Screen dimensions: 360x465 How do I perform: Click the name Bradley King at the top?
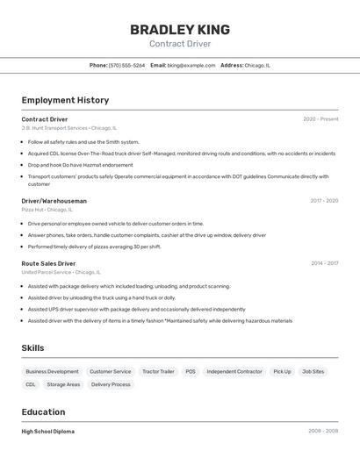[x=180, y=29]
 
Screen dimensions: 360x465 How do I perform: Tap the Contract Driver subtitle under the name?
[x=180, y=44]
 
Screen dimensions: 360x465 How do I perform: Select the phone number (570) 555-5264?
[x=126, y=65]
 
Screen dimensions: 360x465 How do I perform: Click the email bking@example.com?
[x=191, y=65]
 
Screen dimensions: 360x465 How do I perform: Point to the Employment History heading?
[x=65, y=100]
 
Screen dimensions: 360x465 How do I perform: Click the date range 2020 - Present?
[x=320, y=119]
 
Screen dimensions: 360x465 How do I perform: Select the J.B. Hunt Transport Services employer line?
[x=68, y=128]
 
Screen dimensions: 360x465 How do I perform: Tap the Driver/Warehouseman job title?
[x=54, y=201]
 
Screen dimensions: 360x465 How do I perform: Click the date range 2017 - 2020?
[x=324, y=201]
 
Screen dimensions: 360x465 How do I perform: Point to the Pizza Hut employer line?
[x=47, y=210]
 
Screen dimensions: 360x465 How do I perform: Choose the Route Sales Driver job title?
[x=48, y=263]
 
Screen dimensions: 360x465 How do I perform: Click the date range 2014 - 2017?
[x=324, y=263]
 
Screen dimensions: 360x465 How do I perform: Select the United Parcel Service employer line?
[x=61, y=272]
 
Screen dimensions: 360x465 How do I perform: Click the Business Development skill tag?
[x=52, y=371]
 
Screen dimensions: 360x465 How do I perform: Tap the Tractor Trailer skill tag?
[x=158, y=371]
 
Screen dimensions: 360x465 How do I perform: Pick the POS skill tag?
[x=191, y=371]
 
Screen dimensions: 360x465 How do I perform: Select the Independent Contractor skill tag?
[x=234, y=371]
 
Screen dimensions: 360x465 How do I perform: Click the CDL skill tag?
[x=31, y=384]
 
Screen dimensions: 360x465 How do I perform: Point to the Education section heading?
[x=43, y=411]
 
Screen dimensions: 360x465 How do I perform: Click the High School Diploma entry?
[x=47, y=432]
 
